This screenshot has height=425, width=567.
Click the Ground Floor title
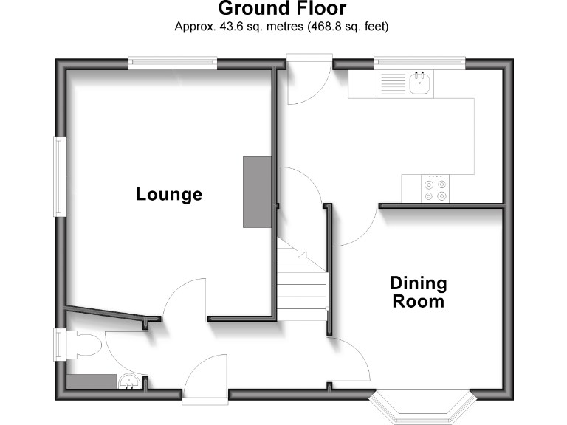tap(282, 9)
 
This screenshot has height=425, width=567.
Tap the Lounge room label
tap(168, 195)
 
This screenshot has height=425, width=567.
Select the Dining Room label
tap(419, 292)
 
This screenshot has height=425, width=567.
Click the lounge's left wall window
tap(59, 176)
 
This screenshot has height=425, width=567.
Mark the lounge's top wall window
tap(172, 64)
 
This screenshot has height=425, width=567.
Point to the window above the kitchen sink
tap(419, 64)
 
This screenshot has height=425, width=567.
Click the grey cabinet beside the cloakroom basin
tap(92, 381)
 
